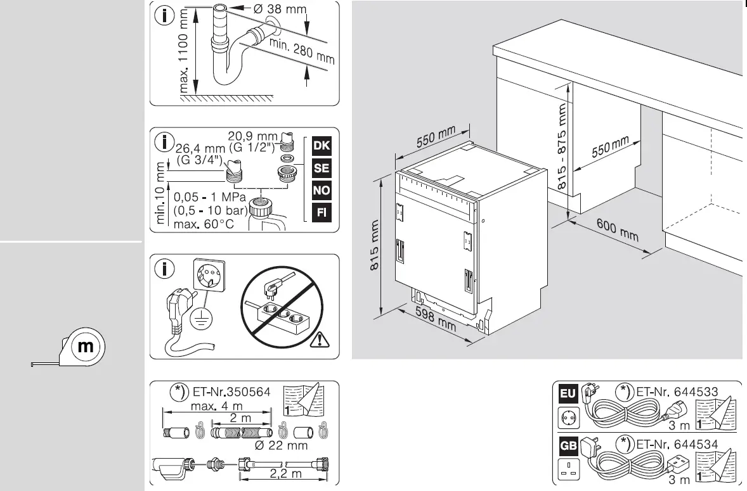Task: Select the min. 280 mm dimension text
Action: point(302,51)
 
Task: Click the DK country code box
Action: point(322,146)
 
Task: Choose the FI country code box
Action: point(322,212)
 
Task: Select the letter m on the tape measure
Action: point(85,347)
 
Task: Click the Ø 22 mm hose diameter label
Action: point(280,445)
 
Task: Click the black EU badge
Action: point(566,393)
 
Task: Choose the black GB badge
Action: point(566,445)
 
